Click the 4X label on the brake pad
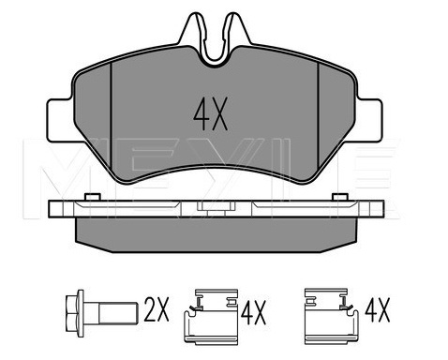click(210, 113)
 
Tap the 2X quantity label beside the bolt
click(157, 309)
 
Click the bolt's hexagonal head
click(75, 313)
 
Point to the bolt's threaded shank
click(118, 313)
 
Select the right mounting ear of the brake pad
click(369, 120)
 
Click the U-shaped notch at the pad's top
click(216, 53)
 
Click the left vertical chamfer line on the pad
click(112, 115)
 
